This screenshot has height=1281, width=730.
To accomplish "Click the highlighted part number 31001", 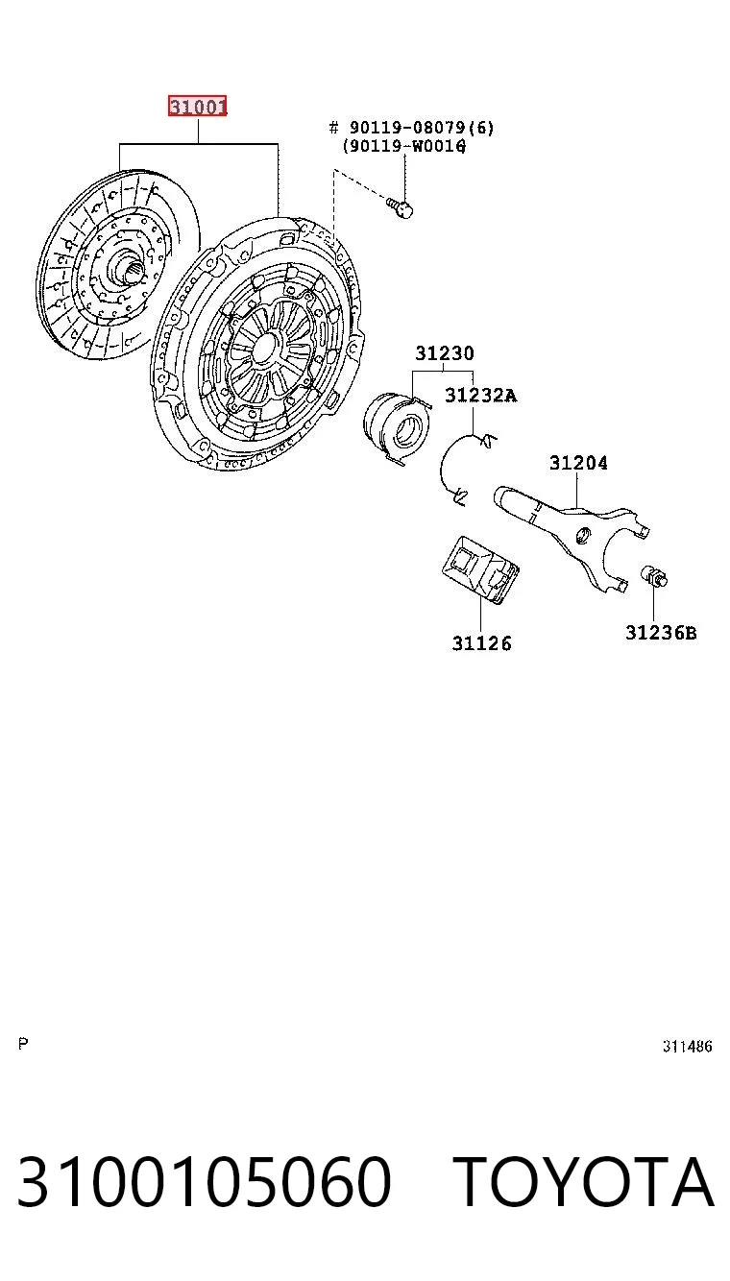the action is (x=197, y=106).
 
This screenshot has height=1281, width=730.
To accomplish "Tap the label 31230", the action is (x=445, y=352).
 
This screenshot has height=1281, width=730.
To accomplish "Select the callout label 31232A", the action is (x=480, y=395).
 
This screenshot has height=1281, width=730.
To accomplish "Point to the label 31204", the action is (x=578, y=462).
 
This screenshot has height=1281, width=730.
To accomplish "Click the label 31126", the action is (x=482, y=643).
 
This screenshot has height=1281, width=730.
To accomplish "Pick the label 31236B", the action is (x=661, y=633).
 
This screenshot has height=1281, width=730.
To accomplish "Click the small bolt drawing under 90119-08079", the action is (x=400, y=206).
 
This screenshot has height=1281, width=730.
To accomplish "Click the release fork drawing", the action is (x=572, y=538).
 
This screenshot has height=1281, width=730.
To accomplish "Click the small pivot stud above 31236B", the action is (x=654, y=576).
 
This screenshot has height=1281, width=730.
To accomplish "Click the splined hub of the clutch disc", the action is (x=129, y=268).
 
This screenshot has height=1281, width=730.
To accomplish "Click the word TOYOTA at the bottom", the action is (x=585, y=1180).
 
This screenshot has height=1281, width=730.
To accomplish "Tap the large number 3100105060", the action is (x=205, y=1180).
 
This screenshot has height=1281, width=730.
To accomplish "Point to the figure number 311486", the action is (x=687, y=1046).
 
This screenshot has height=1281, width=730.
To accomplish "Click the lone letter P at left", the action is (x=23, y=1044).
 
